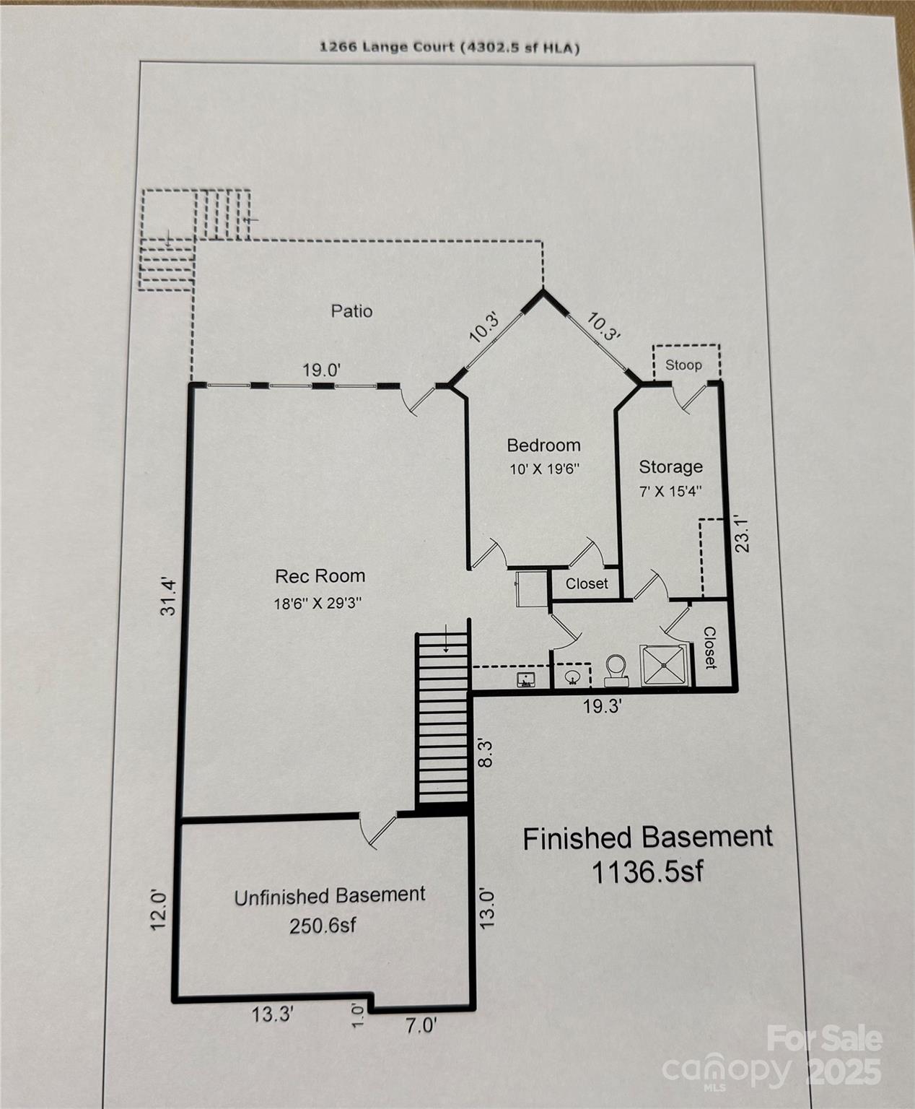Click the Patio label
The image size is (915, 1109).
[351, 310]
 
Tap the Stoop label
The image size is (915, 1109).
[683, 365]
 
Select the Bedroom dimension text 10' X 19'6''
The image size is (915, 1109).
[544, 469]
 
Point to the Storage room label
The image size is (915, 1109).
[671, 466]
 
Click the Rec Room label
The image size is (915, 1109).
[320, 575]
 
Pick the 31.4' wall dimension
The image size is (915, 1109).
[168, 596]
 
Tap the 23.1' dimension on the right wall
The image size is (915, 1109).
[742, 534]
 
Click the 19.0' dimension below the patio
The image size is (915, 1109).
[322, 370]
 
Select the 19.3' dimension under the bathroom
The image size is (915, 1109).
[603, 706]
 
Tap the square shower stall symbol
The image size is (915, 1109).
[665, 664]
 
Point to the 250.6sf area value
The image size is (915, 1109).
[323, 926]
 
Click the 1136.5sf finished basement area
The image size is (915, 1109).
[647, 871]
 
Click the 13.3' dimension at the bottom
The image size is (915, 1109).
[272, 1014]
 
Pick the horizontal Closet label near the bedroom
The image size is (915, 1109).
[587, 583]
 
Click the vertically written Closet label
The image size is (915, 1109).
[709, 648]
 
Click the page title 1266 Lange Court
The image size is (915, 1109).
[386, 47]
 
